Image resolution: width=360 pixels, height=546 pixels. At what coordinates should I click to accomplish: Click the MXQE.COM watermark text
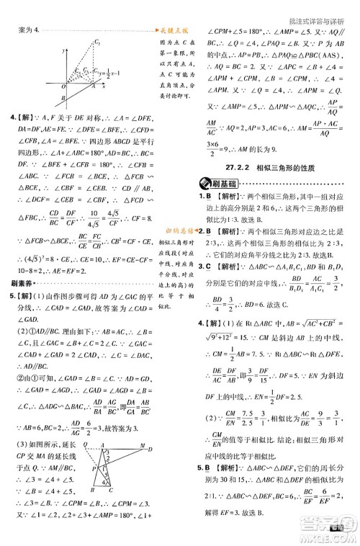[336, 538]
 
